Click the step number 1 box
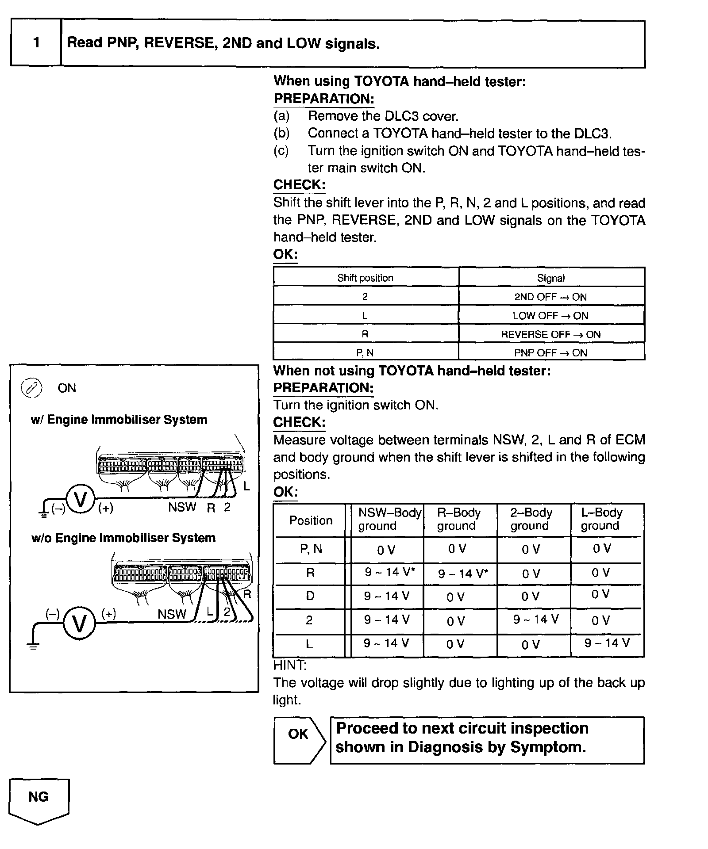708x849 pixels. point(36,43)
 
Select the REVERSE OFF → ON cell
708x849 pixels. point(551,334)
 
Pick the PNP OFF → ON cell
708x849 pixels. point(551,353)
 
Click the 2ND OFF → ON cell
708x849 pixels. point(551,297)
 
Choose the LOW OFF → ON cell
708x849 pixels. point(551,316)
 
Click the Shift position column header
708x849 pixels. point(366,278)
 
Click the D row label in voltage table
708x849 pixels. point(310,596)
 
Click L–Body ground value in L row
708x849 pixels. point(607,643)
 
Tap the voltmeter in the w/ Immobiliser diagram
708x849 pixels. point(81,500)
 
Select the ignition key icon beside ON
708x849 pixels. point(31,388)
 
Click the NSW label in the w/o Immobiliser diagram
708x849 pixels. point(172,614)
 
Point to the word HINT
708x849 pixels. point(290,665)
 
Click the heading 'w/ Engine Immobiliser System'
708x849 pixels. point(119,420)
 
